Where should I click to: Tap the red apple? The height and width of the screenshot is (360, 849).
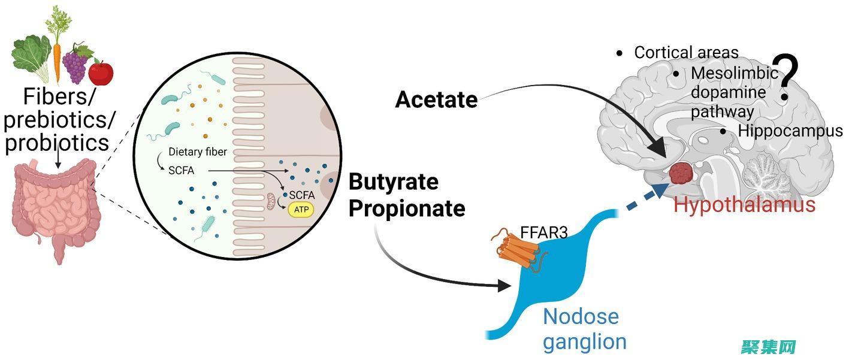coord(101,73)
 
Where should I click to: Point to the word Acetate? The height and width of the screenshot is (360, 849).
coord(436,100)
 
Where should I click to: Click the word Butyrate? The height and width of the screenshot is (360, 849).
coord(394,182)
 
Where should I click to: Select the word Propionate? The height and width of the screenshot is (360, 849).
coord(407,208)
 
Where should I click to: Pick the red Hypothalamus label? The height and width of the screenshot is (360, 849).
coord(744,205)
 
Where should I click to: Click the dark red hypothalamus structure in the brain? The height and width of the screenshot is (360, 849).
coord(681,173)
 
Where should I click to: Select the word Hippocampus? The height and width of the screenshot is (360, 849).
coord(790,131)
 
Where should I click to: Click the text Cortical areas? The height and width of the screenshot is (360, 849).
coord(686,53)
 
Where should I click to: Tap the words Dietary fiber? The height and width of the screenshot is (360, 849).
coord(198,152)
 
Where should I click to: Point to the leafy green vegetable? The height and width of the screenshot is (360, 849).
coord(31,58)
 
